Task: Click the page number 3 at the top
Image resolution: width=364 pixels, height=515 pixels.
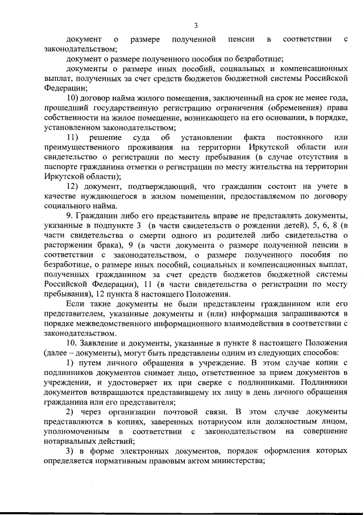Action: (196, 25)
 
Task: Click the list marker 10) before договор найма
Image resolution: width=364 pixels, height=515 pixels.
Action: (75, 98)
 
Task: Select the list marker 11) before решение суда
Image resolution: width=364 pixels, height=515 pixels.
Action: (75, 138)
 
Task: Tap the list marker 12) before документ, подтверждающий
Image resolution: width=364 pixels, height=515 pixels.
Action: (75, 186)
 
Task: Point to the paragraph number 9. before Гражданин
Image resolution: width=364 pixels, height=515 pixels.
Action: (71, 215)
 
